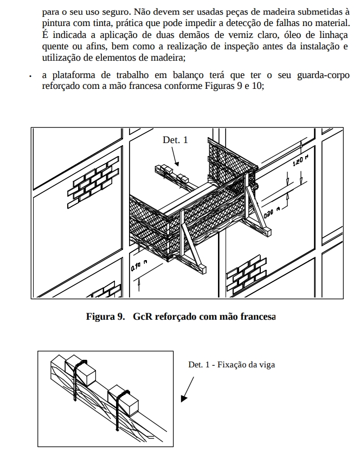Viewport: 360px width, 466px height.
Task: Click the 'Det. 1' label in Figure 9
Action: [175, 140]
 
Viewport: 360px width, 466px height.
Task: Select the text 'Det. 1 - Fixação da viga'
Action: [232, 365]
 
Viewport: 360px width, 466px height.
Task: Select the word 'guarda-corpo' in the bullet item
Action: [323, 75]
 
